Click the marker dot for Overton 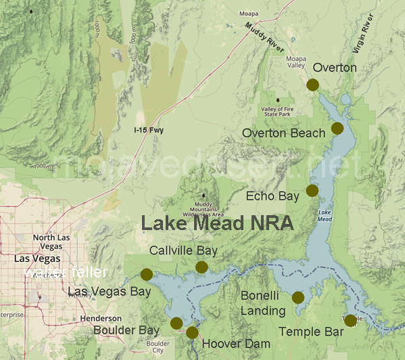point(312,85)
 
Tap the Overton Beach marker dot point(337,128)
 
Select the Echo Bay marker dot point(312,190)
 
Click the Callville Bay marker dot point(201,267)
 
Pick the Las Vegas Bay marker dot point(146,274)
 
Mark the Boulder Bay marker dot point(176,322)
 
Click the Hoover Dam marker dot point(192,332)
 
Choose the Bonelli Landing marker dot point(297,297)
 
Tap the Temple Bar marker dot point(350,320)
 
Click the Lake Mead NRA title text point(216,224)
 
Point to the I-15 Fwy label point(149,130)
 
